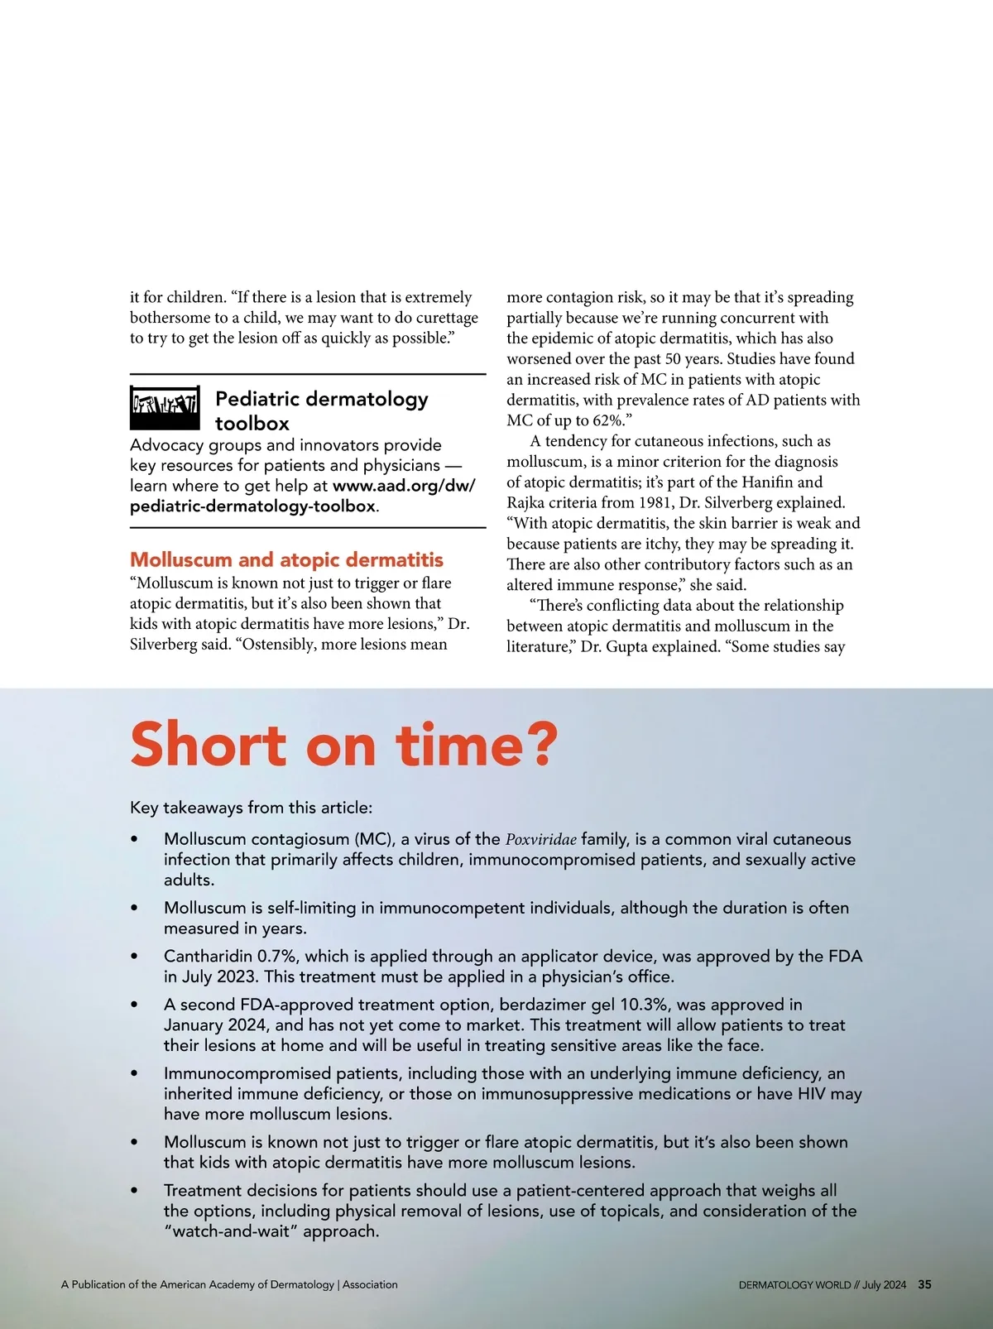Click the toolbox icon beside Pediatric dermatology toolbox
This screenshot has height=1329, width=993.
coord(165,408)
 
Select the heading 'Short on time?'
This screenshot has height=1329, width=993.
coord(344,745)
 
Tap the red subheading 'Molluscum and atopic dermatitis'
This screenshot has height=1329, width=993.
coord(286,560)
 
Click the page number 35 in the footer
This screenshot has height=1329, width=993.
coord(925,1285)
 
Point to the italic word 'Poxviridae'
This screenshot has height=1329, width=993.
coord(541,839)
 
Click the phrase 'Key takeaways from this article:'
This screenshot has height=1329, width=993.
coord(251,808)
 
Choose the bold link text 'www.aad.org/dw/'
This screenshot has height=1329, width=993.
coord(404,486)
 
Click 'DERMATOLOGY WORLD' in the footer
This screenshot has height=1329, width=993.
coord(794,1285)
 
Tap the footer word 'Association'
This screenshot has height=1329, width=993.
coord(370,1285)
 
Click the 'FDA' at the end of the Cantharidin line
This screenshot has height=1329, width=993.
coord(845,957)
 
